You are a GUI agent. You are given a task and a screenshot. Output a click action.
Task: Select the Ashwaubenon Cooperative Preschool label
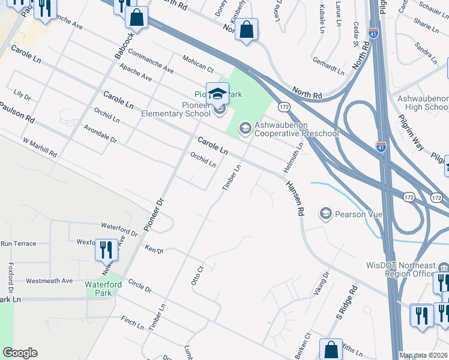(297, 129)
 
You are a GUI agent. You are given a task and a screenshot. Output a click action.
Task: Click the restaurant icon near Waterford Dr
(106, 249)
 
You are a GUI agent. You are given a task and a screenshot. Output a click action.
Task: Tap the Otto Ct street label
(197, 273)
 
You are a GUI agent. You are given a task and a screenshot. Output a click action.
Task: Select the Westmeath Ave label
(49, 280)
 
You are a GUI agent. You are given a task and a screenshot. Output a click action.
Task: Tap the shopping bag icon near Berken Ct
(331, 350)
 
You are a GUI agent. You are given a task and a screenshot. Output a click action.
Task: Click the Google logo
(20, 353)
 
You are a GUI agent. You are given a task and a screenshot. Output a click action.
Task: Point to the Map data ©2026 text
(423, 355)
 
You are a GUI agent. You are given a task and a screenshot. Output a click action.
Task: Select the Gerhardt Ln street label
(328, 65)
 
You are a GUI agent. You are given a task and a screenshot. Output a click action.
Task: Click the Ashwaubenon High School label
(419, 103)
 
